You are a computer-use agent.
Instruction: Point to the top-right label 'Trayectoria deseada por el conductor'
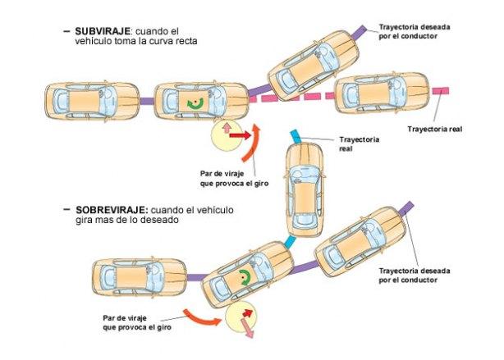click(x=418, y=31)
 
